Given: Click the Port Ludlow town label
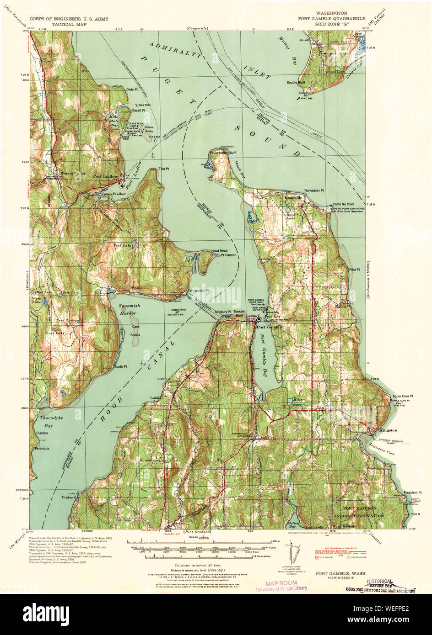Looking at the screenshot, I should point(105,176).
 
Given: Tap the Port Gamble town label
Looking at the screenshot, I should point(270,327).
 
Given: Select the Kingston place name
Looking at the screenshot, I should point(388,430).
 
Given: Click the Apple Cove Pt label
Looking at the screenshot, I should point(402,396).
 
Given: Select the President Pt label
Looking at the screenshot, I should point(412,492).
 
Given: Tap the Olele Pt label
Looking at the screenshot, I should point(132,90).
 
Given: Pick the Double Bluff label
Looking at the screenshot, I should point(296,83).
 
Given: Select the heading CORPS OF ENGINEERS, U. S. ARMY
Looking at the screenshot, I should point(69,20).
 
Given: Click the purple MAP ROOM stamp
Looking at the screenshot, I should point(281,583).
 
